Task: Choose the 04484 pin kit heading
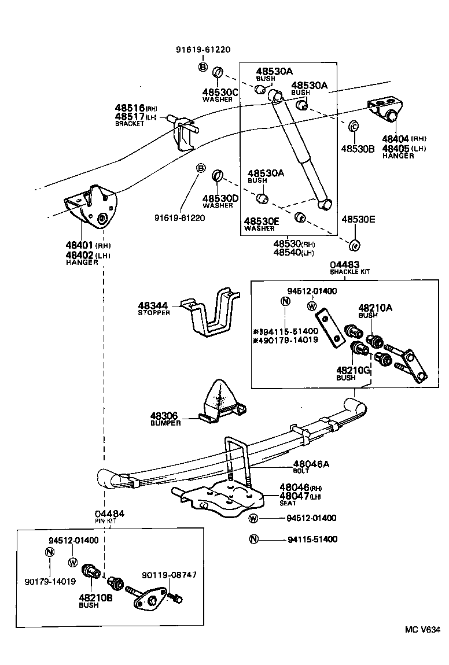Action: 109,513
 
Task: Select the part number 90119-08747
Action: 169,575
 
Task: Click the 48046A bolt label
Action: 311,463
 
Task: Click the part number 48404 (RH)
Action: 398,139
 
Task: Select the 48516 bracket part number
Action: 129,108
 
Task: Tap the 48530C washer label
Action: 220,92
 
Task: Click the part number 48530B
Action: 358,149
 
